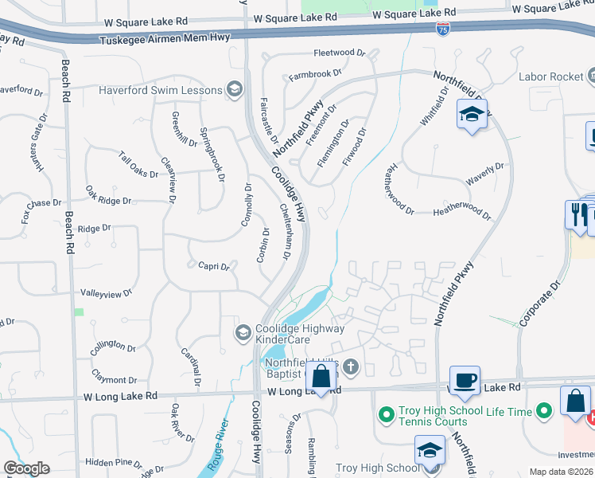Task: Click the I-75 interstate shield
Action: tap(443, 28)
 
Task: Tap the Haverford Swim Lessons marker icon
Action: tap(234, 89)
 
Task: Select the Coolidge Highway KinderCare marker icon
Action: tap(244, 332)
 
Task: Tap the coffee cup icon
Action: tap(465, 379)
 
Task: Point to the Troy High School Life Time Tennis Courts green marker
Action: tap(387, 413)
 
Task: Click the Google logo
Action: tap(26, 468)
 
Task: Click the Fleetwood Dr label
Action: tap(339, 53)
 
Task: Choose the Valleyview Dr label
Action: tap(107, 294)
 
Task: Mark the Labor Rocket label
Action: tap(550, 76)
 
